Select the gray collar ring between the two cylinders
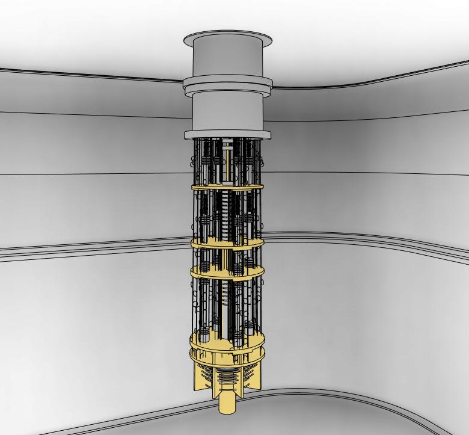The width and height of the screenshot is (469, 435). pyautogui.click(x=227, y=84)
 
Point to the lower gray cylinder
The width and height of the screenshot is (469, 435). pyautogui.click(x=227, y=111)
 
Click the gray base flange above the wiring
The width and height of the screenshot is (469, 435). pyautogui.click(x=227, y=135)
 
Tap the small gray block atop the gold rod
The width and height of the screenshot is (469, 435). pyautogui.click(x=229, y=145)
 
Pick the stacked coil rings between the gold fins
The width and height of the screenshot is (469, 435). pyautogui.click(x=227, y=379)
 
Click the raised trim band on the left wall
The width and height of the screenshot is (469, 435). pyautogui.click(x=90, y=248)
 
